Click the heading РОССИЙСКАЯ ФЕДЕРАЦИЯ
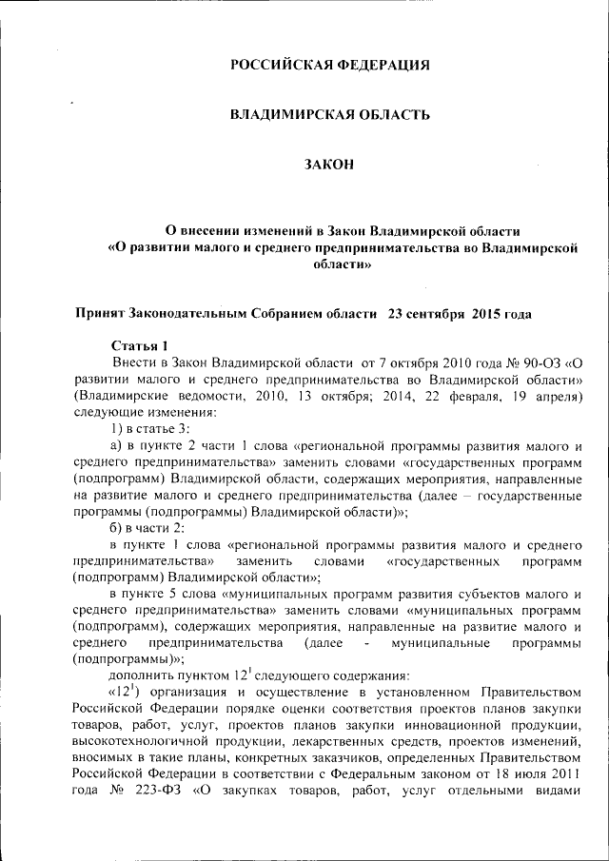coord(330,66)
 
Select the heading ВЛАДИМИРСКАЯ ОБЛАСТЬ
coord(330,115)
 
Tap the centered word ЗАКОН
coord(329,165)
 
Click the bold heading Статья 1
coord(139,346)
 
